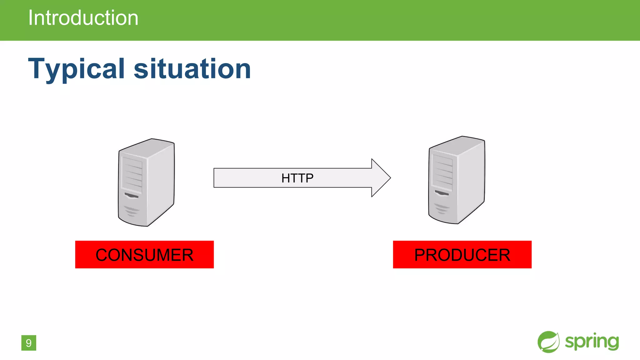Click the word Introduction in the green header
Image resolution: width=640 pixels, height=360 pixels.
point(83,18)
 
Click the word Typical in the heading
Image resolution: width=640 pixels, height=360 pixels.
point(77,69)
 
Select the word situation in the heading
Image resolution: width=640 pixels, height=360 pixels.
point(192,69)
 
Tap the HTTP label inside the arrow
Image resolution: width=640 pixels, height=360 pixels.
point(297,178)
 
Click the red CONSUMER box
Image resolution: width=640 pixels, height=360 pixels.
point(144,254)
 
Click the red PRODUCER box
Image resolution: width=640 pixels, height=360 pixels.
point(462,254)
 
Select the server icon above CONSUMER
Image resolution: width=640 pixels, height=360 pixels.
point(146,182)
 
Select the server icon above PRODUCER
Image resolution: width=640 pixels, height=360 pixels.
point(457,180)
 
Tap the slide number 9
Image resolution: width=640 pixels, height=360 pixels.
point(29,343)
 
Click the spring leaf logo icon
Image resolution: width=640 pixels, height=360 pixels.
point(548,342)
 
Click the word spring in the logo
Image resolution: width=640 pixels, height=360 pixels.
point(592,342)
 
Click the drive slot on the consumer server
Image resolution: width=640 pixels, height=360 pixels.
point(132,196)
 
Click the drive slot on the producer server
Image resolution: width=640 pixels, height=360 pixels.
point(442,193)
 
